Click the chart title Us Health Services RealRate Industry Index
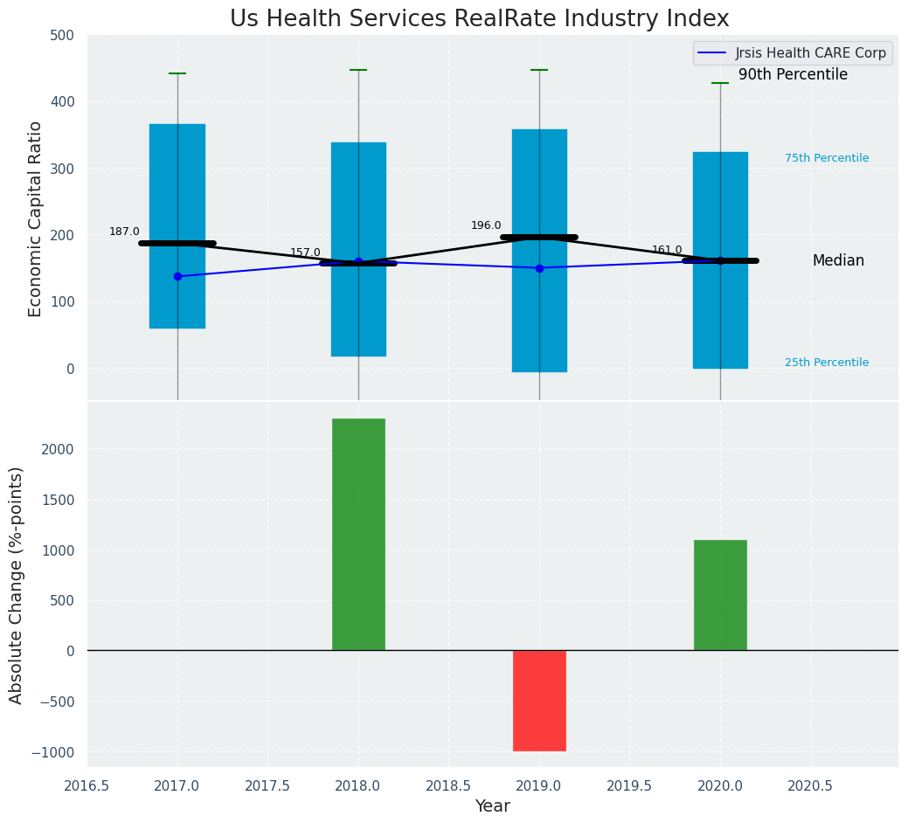click(x=479, y=19)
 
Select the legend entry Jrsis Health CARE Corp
click(x=810, y=53)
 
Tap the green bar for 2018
click(x=358, y=534)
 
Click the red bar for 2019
click(x=539, y=700)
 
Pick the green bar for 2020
click(x=720, y=595)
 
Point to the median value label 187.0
click(x=124, y=232)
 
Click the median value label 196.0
click(x=486, y=225)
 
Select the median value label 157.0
click(x=305, y=252)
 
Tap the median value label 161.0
click(x=667, y=250)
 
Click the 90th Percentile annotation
click(x=793, y=75)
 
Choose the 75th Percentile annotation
click(x=827, y=158)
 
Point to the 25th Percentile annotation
click(x=827, y=363)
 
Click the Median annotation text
click(x=838, y=260)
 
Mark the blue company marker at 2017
click(x=177, y=276)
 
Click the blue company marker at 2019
click(x=539, y=268)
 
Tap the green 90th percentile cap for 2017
click(x=177, y=73)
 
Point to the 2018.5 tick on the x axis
click(x=448, y=785)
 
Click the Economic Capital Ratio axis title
click(x=36, y=218)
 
